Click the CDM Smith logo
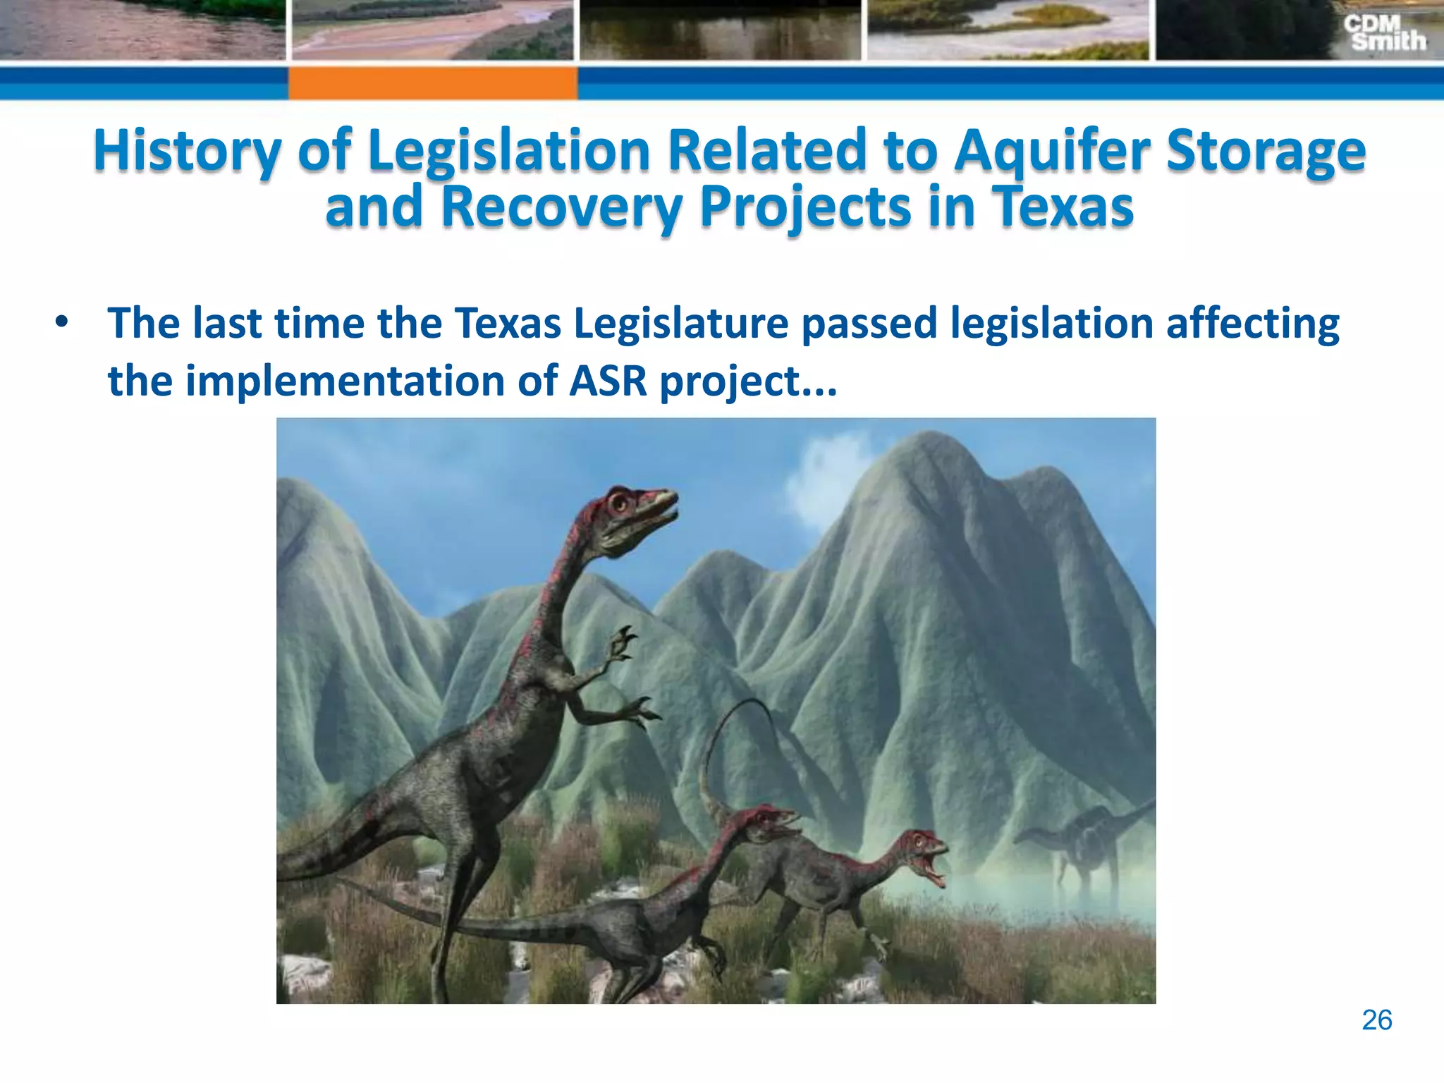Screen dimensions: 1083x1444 (x=1383, y=33)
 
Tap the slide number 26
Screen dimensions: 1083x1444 (x=1376, y=1020)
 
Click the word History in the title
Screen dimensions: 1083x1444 (x=187, y=151)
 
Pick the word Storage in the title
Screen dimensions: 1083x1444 (x=1266, y=151)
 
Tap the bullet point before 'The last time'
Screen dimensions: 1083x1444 (x=62, y=322)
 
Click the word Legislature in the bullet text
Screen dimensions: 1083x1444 (x=680, y=324)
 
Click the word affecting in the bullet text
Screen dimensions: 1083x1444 (x=1252, y=324)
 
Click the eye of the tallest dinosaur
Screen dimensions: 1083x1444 (x=619, y=503)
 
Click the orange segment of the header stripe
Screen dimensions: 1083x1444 (x=432, y=83)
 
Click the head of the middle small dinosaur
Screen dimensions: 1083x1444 (x=769, y=821)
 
